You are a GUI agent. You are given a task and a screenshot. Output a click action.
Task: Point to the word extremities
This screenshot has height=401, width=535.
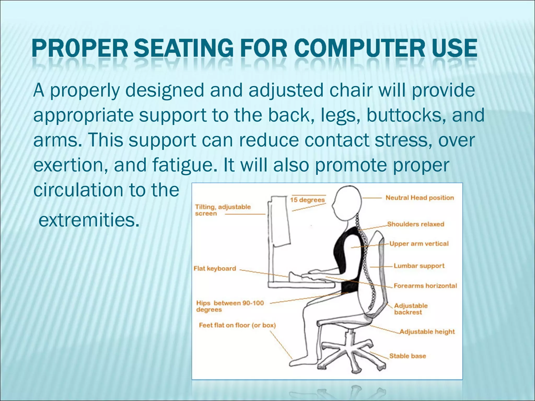click(89, 220)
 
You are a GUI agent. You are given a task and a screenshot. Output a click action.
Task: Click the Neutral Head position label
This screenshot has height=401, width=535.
click(420, 198)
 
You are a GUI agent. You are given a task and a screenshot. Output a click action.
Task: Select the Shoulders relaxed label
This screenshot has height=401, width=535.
click(415, 224)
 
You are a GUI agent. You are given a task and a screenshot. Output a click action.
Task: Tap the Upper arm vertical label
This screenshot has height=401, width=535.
click(419, 244)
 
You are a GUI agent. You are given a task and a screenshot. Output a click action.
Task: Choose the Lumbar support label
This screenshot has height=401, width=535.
click(419, 266)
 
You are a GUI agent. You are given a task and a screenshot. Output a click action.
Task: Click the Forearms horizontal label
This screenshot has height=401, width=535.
click(425, 286)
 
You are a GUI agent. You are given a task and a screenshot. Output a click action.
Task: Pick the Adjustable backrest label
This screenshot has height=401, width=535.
click(410, 309)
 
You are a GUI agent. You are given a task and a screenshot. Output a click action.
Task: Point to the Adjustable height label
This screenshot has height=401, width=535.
click(427, 332)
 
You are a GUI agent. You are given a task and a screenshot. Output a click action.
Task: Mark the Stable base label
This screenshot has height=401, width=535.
click(407, 356)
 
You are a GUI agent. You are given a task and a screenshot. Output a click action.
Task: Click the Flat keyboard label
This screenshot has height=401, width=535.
click(215, 268)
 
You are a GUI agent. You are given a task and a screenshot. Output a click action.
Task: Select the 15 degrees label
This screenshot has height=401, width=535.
click(307, 200)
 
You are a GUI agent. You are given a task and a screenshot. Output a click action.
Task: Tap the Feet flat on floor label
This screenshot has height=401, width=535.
click(237, 325)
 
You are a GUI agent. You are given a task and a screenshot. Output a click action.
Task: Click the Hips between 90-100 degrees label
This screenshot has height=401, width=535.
click(230, 306)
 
